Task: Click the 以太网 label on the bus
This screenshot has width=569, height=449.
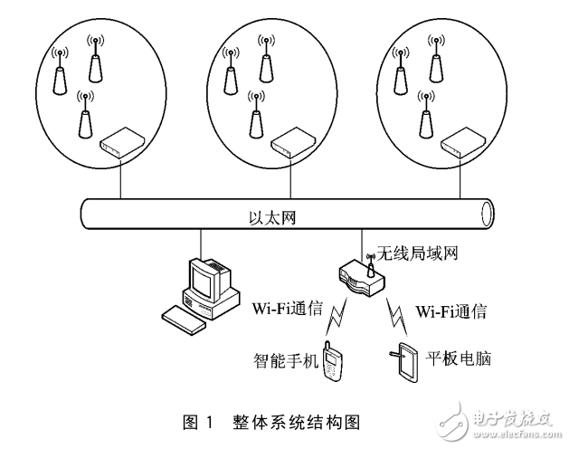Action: coord(273,218)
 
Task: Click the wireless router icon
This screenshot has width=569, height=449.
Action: coord(359,280)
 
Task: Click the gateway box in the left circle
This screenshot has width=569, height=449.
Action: coord(120,141)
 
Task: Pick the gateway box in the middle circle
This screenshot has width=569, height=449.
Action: coord(289,141)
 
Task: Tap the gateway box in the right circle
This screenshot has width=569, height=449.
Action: coord(459,141)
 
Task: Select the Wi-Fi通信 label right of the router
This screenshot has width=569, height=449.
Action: coord(451,311)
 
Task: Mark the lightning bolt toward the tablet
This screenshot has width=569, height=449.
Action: coord(394,317)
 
